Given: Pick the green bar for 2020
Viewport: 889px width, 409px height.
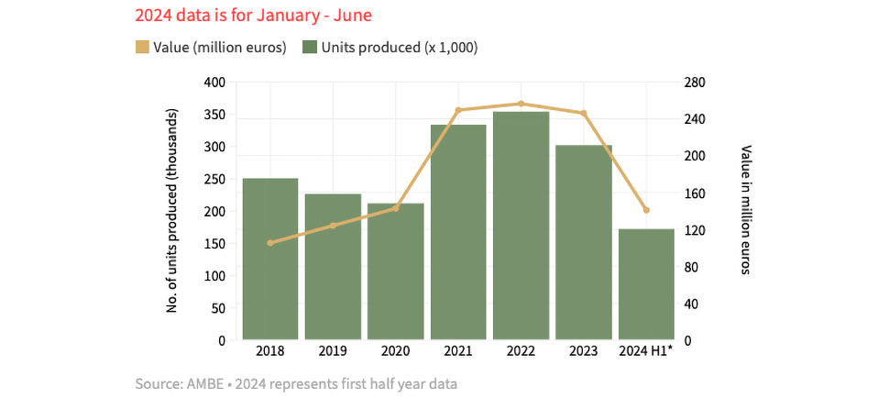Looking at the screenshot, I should click(396, 271).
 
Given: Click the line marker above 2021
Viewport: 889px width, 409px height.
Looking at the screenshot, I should click(458, 110).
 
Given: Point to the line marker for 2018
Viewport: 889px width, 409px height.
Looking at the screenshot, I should click(270, 243).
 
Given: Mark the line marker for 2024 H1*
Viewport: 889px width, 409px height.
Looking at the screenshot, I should click(646, 210).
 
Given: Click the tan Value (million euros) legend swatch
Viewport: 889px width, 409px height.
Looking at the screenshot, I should click(141, 47).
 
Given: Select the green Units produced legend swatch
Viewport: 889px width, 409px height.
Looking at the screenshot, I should click(309, 47).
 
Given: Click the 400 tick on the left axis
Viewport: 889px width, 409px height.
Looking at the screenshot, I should click(214, 83).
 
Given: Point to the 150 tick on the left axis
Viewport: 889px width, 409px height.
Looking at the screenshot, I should click(214, 244).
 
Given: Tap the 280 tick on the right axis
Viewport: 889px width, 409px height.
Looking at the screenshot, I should click(693, 83).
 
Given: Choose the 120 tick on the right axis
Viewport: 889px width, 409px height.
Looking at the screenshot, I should click(693, 230).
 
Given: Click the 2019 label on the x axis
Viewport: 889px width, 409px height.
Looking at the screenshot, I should click(333, 351).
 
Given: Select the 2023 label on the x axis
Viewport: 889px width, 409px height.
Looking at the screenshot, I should click(583, 351).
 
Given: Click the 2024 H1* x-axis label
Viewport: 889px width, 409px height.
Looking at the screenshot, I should click(646, 351).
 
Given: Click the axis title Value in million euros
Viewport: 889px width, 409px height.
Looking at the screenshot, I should click(746, 210).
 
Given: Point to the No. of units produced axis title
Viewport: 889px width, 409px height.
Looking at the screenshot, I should click(171, 210).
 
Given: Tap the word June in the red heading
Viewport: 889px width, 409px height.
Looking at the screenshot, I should click(353, 16).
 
